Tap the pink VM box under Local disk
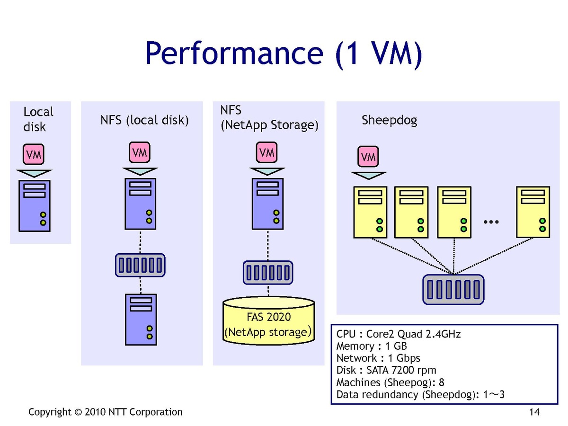33,154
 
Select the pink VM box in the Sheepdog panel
369,157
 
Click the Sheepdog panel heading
389,120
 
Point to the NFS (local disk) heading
144,120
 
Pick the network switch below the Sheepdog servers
453,289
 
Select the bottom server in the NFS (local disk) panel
141,319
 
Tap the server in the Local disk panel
35,205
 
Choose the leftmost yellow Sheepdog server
370,212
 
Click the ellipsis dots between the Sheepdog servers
492,222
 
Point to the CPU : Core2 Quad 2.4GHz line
399,334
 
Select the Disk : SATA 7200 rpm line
386,370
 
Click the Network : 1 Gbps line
378,358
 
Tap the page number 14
534,412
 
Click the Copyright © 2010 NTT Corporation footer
105,412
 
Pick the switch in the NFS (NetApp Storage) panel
268,273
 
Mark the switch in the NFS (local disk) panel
141,265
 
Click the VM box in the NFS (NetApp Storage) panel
267,153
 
